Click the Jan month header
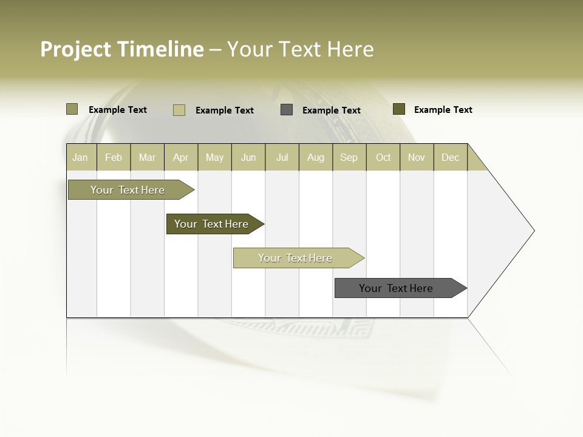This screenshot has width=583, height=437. coord(80,157)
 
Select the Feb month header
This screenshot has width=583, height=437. coord(114,157)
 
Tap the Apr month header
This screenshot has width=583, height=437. coord(181,157)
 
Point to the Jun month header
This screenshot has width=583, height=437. coord(248,157)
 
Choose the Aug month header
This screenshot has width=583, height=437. coord(316,157)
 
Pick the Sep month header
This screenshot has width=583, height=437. coord(349,157)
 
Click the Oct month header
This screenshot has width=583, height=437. coord(383,157)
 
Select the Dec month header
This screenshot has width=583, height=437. coord(451,157)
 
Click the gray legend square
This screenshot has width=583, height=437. coord(287,110)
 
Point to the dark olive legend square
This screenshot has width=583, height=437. coord(398,109)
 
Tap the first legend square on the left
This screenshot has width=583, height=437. coord(72,109)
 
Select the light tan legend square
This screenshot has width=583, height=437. coord(179,110)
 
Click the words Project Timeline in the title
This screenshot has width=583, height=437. coord(122,49)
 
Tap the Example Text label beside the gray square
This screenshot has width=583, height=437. coord(332,110)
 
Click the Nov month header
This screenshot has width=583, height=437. coord(417,157)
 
